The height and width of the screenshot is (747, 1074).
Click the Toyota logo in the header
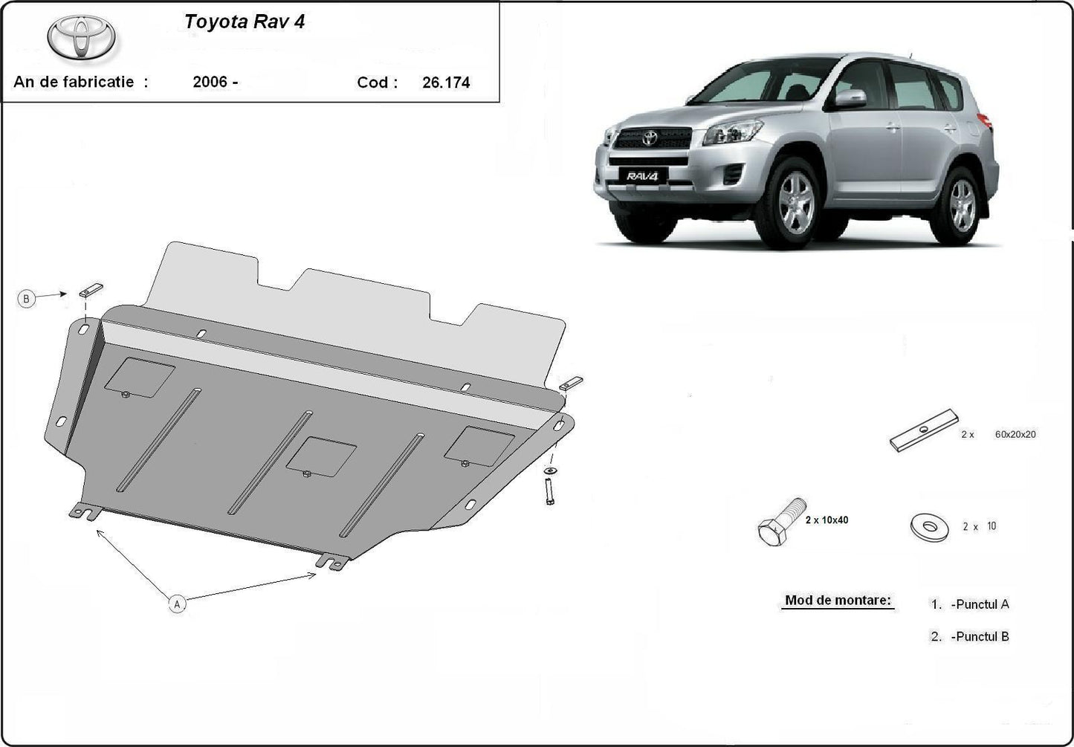click(x=82, y=38)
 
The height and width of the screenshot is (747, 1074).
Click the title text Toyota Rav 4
click(x=245, y=22)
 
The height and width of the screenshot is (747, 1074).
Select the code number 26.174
click(x=446, y=83)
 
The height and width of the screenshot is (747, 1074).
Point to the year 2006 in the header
click(x=210, y=82)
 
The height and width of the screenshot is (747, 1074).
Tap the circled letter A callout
click(x=177, y=604)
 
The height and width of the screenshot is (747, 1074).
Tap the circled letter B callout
click(x=27, y=299)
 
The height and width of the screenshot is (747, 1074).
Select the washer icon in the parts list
click(x=929, y=527)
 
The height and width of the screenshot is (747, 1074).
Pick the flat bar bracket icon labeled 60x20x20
click(x=924, y=431)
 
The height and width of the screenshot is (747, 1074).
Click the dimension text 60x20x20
click(x=1015, y=434)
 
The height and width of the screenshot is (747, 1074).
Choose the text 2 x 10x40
click(x=826, y=520)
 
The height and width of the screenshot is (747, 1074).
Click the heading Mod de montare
click(x=838, y=600)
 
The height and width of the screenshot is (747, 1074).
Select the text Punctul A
click(x=980, y=604)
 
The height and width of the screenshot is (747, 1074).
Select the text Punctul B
click(x=980, y=636)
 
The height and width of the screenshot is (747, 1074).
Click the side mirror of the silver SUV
click(x=850, y=98)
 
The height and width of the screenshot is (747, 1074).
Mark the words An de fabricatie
click(x=80, y=82)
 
